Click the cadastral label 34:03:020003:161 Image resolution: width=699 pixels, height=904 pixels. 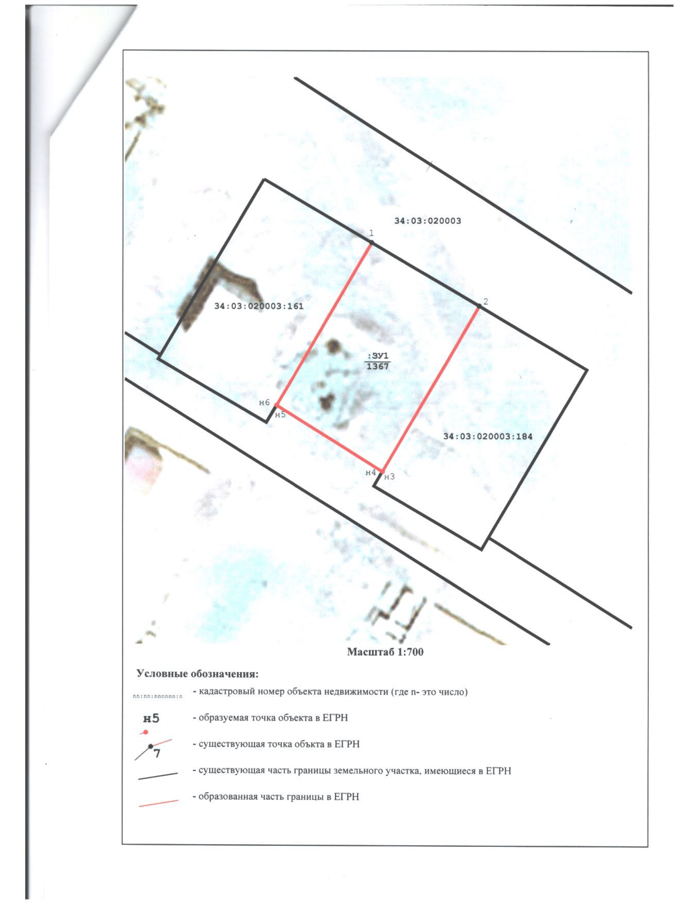tap(259, 306)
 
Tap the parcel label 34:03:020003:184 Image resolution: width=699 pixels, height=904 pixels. tap(488, 436)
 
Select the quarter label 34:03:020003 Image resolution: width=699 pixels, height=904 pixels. tap(428, 221)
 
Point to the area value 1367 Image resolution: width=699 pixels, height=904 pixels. tap(378, 366)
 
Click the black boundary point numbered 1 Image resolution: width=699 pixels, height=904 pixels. tap(372, 242)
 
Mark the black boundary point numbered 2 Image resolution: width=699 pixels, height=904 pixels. tap(479, 306)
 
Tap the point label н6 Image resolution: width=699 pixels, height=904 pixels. tap(265, 402)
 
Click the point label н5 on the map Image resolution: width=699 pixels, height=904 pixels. tap(280, 415)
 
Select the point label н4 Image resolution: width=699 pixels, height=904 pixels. tap(370, 472)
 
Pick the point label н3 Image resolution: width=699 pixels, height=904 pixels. tap(390, 477)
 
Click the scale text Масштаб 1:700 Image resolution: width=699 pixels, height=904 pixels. tap(385, 652)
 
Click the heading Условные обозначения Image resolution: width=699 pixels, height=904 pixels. tap(197, 674)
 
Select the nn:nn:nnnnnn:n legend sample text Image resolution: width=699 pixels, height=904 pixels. tap(158, 696)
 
